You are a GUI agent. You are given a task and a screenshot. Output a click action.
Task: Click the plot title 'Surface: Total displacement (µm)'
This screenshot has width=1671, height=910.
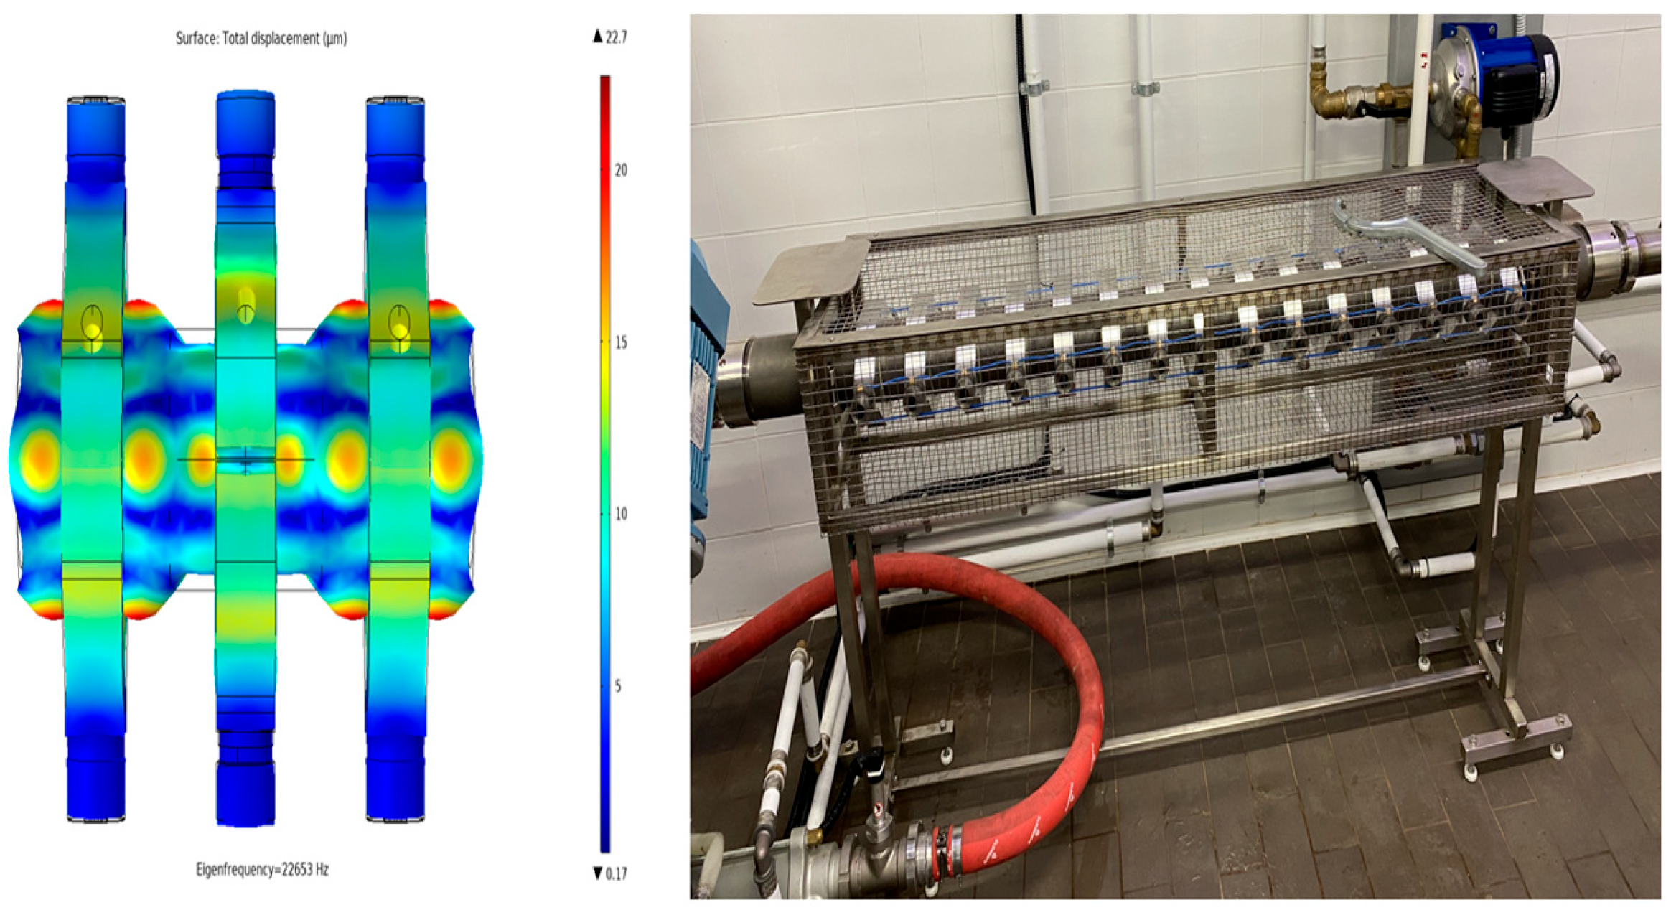(x=261, y=38)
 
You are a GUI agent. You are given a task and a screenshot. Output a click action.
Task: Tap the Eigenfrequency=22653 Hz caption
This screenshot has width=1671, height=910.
(x=262, y=870)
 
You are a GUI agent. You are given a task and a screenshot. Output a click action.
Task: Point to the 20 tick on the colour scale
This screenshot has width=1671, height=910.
(x=621, y=170)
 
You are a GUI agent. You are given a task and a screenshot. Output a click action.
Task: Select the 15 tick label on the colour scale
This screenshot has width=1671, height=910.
(x=621, y=342)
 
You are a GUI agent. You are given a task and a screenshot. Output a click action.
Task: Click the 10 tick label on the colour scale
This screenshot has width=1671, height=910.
(x=621, y=514)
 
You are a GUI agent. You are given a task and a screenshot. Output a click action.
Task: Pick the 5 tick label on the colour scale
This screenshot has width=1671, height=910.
(x=617, y=686)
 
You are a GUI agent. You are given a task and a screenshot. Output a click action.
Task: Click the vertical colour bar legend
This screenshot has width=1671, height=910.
(x=605, y=464)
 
